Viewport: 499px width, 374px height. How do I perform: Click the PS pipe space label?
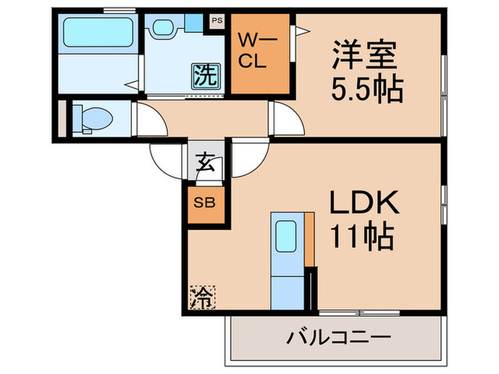tap(216, 21)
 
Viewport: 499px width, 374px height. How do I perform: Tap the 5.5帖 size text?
tap(366, 88)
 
